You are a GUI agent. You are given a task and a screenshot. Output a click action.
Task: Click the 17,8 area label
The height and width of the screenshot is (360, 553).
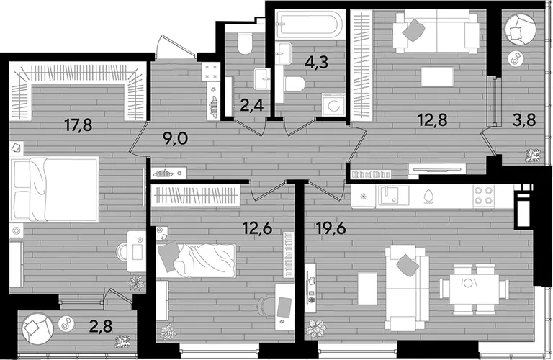pos(78,125)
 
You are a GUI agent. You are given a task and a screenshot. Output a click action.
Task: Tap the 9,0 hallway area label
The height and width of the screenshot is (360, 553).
pos(175,138)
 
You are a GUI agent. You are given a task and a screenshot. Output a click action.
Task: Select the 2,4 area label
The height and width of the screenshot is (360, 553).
pos(252,105)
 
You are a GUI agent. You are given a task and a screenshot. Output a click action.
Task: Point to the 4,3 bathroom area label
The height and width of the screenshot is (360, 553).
pos(317,62)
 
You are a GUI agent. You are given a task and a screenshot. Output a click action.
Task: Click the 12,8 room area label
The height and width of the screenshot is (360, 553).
pos(432,120)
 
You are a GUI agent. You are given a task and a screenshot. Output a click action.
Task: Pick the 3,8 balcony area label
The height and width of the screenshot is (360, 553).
pos(524,120)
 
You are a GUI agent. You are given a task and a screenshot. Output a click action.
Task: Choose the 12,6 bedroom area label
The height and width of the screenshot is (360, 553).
pos(258,228)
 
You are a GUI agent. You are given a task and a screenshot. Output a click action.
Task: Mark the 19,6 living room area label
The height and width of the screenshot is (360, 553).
pos(331,228)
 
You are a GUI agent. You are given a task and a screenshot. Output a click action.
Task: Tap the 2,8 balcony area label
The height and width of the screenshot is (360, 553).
pos(101,326)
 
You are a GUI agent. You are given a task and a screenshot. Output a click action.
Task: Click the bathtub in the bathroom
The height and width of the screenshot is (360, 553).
pos(310,24)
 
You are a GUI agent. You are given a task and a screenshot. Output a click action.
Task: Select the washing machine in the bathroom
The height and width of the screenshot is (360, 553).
pos(333,104)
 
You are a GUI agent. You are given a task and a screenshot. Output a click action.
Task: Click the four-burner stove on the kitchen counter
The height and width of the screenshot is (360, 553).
pos(484,195)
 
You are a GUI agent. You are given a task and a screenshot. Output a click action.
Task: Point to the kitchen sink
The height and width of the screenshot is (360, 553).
pos(394,195)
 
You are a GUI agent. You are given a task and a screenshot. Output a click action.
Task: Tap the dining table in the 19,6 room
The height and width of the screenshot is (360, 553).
pos(474,289)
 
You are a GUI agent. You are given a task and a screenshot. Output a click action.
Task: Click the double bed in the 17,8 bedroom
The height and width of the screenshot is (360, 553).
pos(54,189)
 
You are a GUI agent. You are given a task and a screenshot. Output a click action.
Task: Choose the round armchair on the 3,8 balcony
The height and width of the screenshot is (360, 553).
pos(521,29)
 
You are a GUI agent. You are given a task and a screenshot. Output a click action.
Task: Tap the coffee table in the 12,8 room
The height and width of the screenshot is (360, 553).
pos(437,76)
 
